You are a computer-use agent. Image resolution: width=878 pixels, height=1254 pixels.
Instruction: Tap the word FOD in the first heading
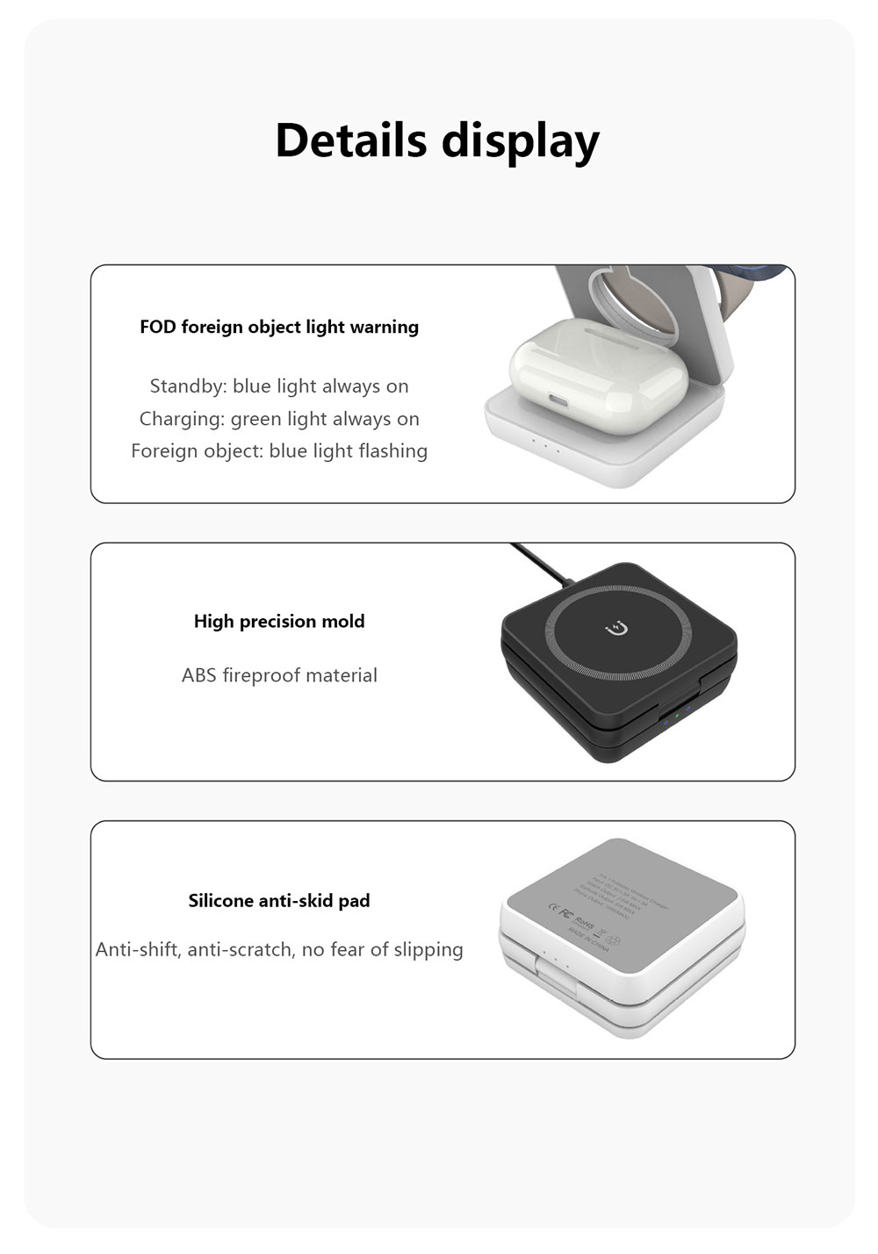tap(158, 327)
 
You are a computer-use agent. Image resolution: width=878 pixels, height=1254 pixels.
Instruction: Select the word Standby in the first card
tap(188, 386)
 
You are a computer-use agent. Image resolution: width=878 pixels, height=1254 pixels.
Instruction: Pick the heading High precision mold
tap(279, 622)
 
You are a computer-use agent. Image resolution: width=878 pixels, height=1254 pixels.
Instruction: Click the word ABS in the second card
tap(198, 675)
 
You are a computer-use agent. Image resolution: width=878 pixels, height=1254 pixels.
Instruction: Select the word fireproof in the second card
tap(263, 675)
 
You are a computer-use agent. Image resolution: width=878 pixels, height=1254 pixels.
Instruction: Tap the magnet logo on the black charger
tap(618, 628)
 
